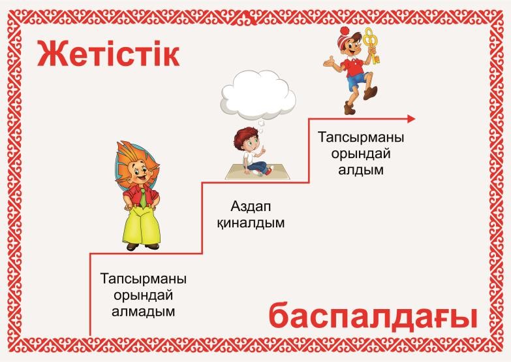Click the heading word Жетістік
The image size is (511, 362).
pos(108,53)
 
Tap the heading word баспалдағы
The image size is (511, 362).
pos(373,316)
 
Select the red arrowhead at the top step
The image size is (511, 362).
pos(411,119)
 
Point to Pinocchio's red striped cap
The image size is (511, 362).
pos(345,37)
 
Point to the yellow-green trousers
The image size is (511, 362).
pos(141,226)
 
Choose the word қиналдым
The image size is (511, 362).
pos(251,223)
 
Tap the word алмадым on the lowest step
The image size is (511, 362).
pos(144,311)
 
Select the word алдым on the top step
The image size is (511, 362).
pos(361,169)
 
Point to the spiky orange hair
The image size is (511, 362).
pos(137,161)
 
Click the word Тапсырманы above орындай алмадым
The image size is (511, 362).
pos(144,280)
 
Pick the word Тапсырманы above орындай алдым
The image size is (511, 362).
pos(361,137)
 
